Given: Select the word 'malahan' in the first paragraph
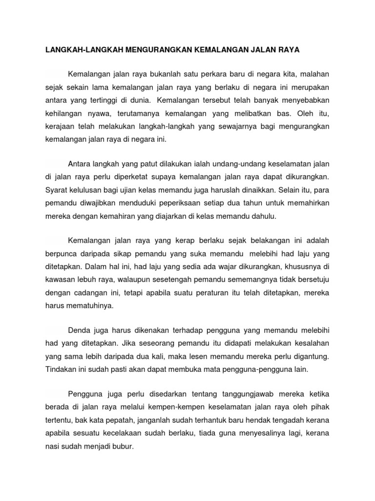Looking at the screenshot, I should [x=314, y=74].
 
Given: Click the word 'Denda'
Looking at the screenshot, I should [x=79, y=331].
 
